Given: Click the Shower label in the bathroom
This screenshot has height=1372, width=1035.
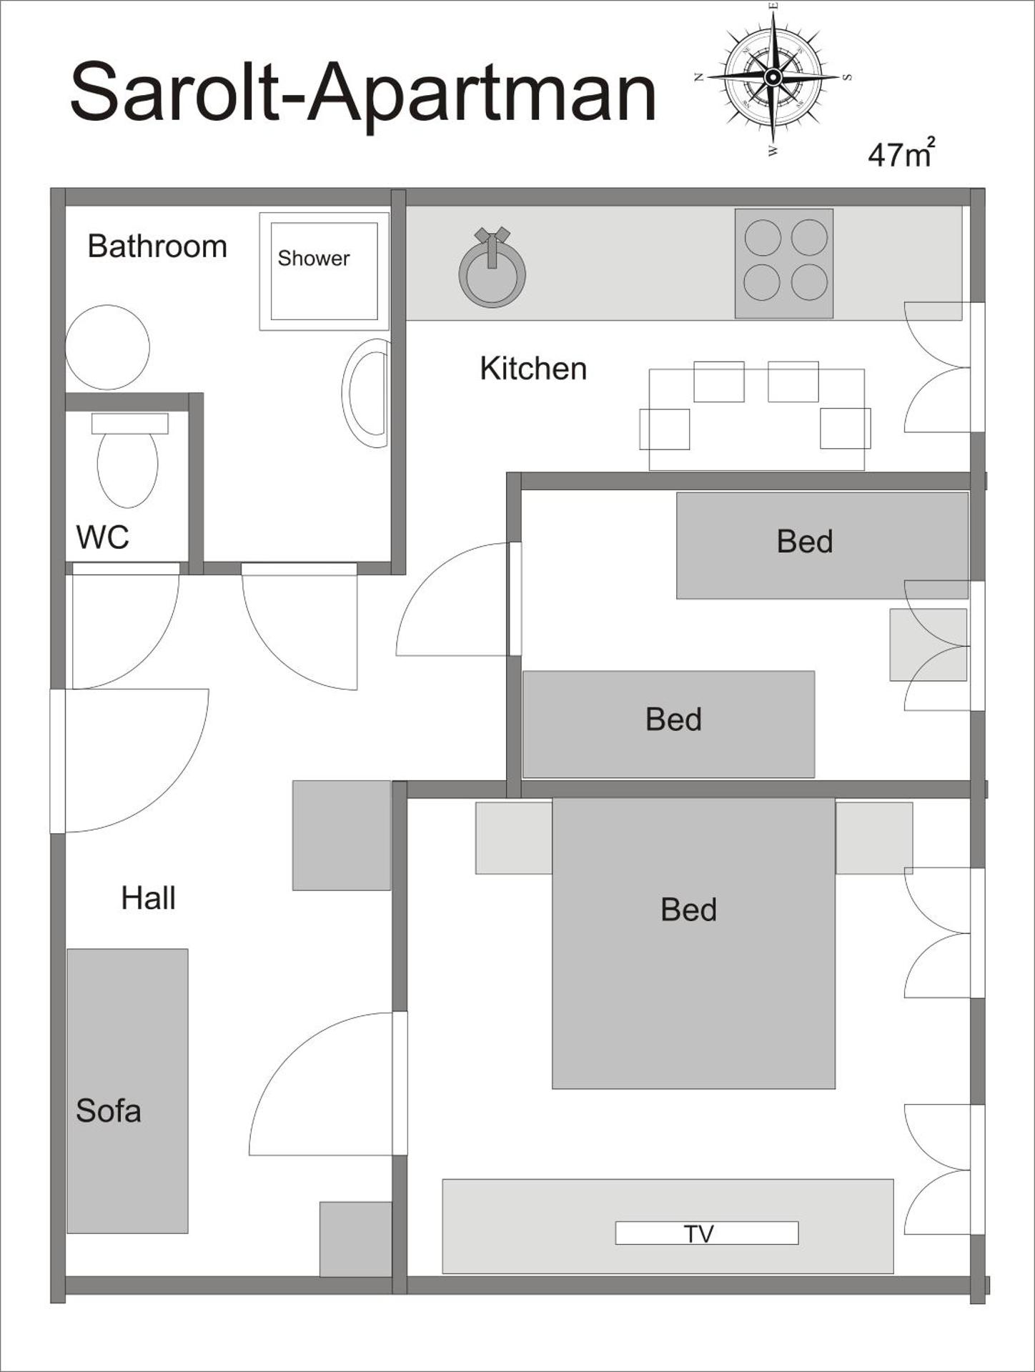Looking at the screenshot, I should point(313,258).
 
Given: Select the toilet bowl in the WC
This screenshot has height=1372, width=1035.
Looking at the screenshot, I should point(127,468).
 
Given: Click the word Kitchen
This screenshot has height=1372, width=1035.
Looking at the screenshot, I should point(533,369).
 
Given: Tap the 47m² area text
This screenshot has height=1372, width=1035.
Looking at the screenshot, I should point(901,154).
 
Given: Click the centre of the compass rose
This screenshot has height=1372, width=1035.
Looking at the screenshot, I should point(773,76).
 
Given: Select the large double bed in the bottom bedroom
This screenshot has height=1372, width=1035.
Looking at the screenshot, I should point(693,943).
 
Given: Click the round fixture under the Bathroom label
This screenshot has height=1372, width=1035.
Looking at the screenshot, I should point(107,347).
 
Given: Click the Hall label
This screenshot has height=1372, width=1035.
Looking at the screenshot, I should point(148,898).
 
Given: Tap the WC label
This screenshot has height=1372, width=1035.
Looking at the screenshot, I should point(102,537).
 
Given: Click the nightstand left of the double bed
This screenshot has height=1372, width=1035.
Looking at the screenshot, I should point(513,837).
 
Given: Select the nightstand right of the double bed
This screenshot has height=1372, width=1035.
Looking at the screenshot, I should point(873,837).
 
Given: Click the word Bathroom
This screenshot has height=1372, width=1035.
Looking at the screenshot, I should point(157,247).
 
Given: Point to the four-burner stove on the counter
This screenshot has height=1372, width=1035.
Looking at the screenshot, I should point(784,263).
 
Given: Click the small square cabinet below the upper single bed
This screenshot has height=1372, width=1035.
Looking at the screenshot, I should point(928,645).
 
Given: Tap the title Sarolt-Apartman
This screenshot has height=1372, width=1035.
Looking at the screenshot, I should point(362,93).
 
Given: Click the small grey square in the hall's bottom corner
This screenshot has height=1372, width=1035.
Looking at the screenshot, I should point(355,1239).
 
